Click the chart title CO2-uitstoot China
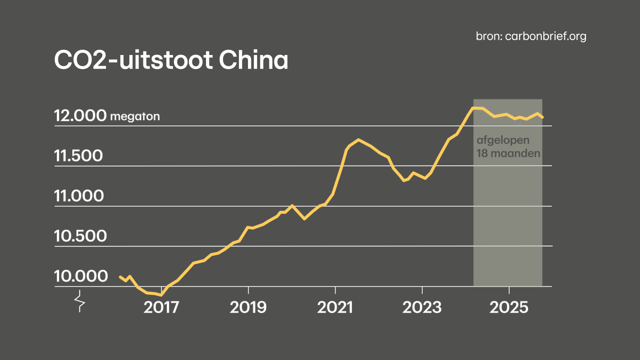pos(170,60)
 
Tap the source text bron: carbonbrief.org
pos(531,36)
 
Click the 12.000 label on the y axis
pos(80,116)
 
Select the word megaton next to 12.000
pos(134,117)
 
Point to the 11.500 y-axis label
pos(78,156)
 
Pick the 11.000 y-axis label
pos(78,196)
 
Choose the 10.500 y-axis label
pos(80,236)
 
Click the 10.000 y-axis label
pos(80,276)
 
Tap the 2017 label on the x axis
pos(161,307)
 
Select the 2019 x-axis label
pos(248,307)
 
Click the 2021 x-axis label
pos(335,307)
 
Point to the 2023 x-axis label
pos(422,307)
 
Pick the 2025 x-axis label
pos(509,307)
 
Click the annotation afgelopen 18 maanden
pos(508,147)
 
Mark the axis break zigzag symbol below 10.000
pos(79,302)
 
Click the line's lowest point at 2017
pos(160,295)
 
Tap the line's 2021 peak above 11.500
pos(358,139)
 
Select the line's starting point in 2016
pos(120,276)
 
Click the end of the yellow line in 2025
pos(543,117)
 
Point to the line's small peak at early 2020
pos(292,205)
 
